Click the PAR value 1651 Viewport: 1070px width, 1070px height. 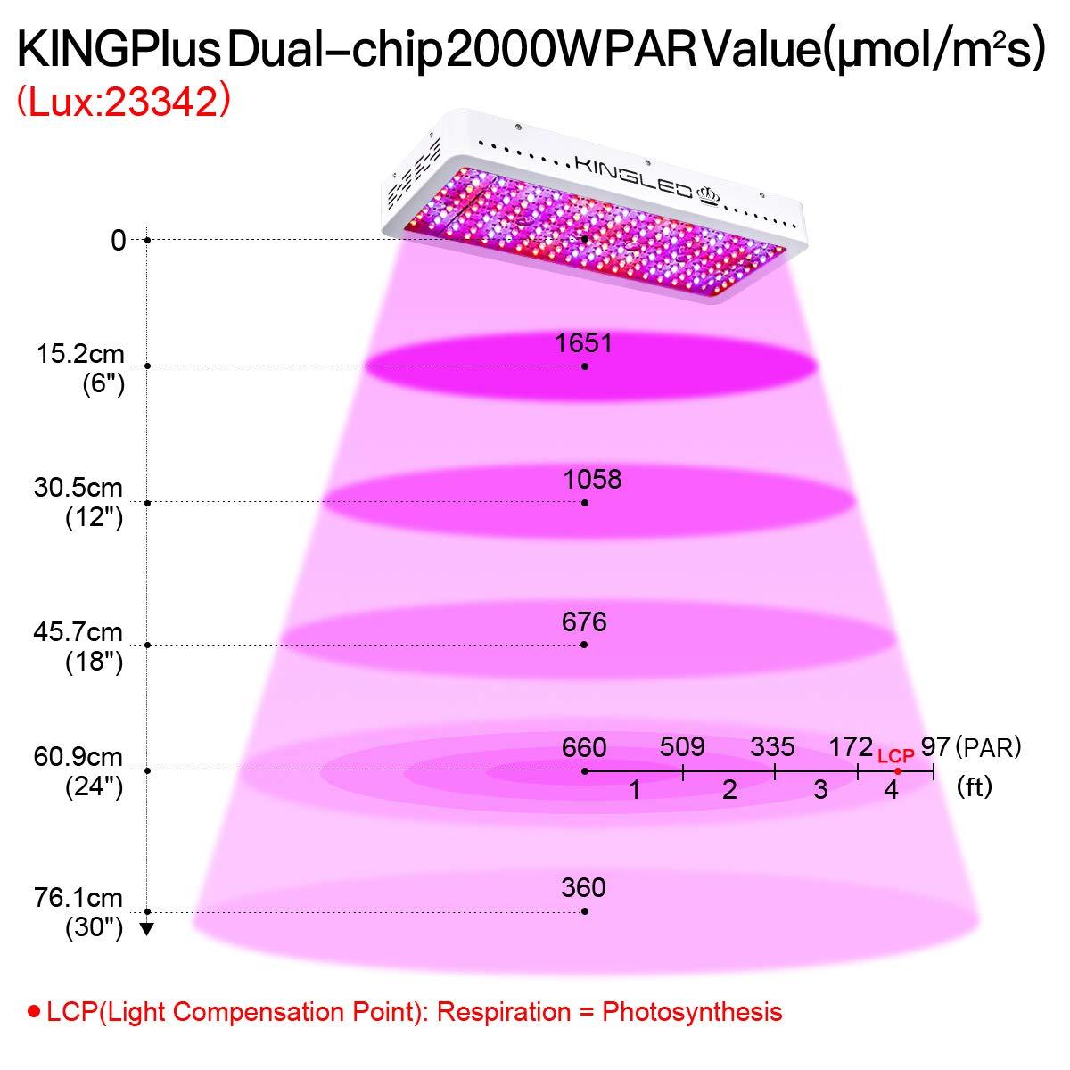[x=584, y=342]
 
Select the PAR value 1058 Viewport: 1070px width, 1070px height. [x=593, y=479]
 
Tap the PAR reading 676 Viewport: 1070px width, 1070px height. [x=585, y=621]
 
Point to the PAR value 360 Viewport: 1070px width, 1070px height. [x=584, y=887]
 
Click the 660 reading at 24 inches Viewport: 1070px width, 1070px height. [x=584, y=747]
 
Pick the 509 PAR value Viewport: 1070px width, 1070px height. [x=682, y=747]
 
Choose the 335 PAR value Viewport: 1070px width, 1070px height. [x=772, y=747]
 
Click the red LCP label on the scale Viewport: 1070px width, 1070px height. [x=896, y=755]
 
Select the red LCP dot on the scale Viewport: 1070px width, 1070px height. [x=898, y=771]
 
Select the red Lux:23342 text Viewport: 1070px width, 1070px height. [x=124, y=103]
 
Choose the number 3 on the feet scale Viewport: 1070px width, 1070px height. [x=820, y=789]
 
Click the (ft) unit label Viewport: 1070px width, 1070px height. [x=974, y=787]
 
